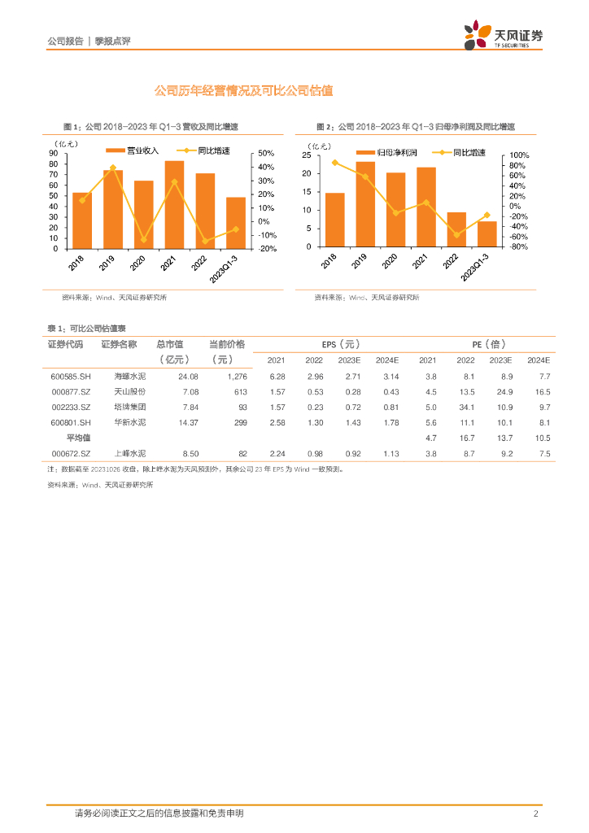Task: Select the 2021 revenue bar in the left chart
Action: (x=174, y=203)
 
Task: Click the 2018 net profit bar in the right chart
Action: (x=335, y=220)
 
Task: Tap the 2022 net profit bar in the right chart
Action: (x=457, y=229)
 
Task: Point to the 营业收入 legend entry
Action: (x=142, y=151)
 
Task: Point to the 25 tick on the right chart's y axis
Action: (x=306, y=155)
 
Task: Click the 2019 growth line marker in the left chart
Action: (x=112, y=168)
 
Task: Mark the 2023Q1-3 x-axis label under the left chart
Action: (x=225, y=268)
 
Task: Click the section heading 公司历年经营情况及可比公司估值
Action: (x=244, y=91)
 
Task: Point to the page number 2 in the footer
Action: (x=536, y=813)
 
